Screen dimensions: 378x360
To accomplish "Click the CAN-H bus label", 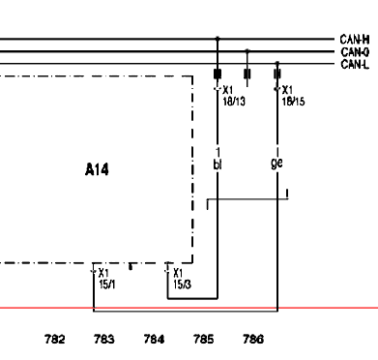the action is click(x=355, y=40).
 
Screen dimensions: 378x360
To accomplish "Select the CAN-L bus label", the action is click(x=355, y=64).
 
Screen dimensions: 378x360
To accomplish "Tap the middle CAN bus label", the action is click(x=355, y=52).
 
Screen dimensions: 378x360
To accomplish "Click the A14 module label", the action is click(x=97, y=169).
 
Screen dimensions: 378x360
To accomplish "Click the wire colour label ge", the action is click(x=276, y=163).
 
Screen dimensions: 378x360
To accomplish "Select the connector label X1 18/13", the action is click(x=234, y=96).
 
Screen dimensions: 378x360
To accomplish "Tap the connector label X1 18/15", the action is click(x=293, y=96).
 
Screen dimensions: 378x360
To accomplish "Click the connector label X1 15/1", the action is click(x=107, y=279).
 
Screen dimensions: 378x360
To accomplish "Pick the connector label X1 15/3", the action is click(x=182, y=279).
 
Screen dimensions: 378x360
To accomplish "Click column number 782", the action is click(x=54, y=339).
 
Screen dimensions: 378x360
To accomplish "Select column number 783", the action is click(x=104, y=339).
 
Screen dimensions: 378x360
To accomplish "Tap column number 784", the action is click(x=154, y=339).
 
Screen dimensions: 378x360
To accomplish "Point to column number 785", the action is click(x=203, y=339).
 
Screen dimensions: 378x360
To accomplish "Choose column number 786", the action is click(x=253, y=339).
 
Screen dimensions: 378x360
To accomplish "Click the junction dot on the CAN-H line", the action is click(x=218, y=39).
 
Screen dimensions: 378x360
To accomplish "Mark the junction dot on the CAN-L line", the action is click(x=277, y=63).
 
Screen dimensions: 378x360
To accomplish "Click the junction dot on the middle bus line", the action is click(x=247, y=51).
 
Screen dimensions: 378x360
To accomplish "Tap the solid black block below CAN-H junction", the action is click(x=218, y=74).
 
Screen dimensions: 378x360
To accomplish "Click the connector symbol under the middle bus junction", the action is click(x=247, y=74).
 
